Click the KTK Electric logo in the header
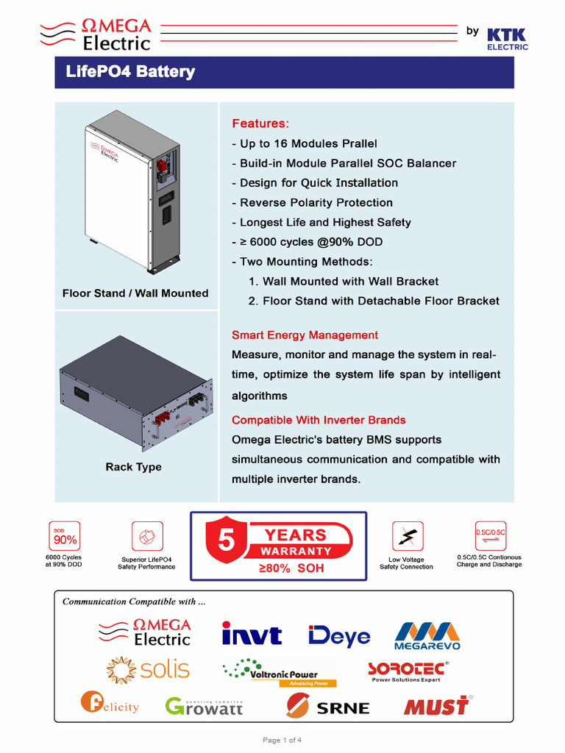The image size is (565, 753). (507, 38)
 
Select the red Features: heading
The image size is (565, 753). (260, 123)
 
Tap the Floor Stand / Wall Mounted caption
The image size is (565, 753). (135, 293)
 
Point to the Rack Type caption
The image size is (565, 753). (133, 467)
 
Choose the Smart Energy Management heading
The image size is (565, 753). (305, 335)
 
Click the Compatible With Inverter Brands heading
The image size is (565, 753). (319, 421)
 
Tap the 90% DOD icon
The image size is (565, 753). (63, 538)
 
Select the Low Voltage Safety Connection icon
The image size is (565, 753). (407, 537)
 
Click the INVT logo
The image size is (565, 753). (252, 635)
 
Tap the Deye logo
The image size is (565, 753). (339, 635)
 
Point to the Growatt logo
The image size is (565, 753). (204, 706)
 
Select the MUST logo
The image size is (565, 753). (437, 706)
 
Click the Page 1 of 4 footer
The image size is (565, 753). (282, 740)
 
